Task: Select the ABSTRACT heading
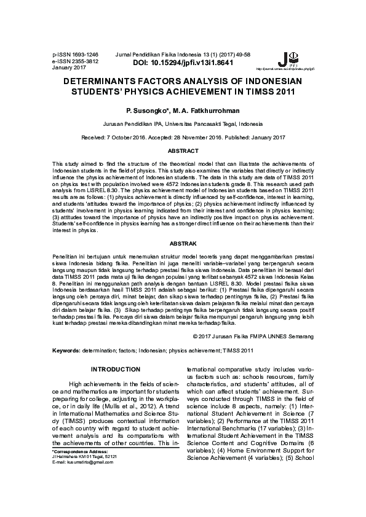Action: pos(183,151)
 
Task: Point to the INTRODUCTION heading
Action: pos(116,369)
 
